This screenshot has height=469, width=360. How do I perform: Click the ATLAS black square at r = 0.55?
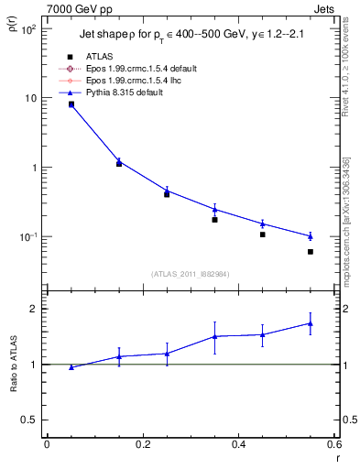[311, 252]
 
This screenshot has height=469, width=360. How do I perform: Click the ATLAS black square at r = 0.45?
[263, 234]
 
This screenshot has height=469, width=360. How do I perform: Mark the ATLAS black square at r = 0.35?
[214, 220]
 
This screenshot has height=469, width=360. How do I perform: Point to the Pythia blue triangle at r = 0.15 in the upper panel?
[118, 161]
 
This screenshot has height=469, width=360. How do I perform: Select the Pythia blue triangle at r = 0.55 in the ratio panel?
[311, 323]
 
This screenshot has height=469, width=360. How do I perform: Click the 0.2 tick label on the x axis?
[142, 445]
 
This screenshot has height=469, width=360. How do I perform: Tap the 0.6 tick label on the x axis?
[333, 445]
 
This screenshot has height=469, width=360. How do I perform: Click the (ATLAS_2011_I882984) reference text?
[191, 274]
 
